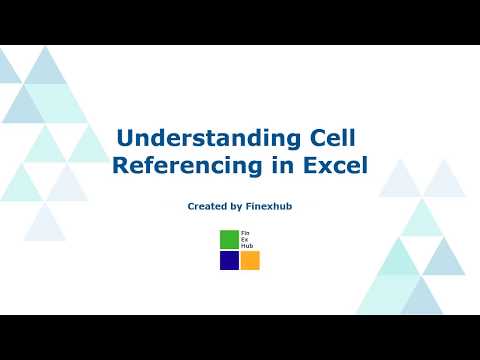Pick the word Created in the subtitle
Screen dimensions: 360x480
pos(207,206)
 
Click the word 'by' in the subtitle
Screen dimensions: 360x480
pos(236,206)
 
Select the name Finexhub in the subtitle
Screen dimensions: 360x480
pos(269,206)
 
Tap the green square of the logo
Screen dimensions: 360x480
pos(229,239)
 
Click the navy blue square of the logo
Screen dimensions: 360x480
pos(229,260)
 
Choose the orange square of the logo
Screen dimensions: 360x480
pos(250,260)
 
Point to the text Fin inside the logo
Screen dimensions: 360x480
pos(246,232)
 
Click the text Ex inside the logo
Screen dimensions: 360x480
pos(245,238)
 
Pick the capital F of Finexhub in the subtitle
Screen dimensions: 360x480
pos(250,206)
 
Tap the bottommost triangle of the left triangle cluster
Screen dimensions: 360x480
pos(44,226)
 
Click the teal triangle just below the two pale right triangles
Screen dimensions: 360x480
pos(421,219)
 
